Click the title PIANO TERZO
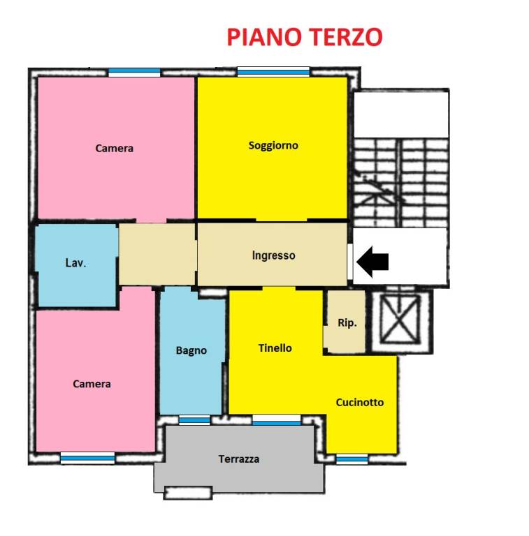pos(304,36)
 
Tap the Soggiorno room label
pos(273,145)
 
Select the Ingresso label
pos(273,255)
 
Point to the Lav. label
pos(75,263)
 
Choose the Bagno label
pos(191,350)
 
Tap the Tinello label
pos(275,348)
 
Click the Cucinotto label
pos(359,402)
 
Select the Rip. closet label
pos(347,323)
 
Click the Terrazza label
pos(239,459)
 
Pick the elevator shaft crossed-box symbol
pos(399,320)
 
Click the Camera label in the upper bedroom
pos(115,148)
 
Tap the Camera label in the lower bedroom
pos(92,384)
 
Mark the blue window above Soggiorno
pos(273,71)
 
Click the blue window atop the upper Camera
pos(134,72)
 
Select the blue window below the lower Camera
pos(87,458)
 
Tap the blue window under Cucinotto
pos(352,459)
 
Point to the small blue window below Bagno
pos(194,420)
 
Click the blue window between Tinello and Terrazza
pos(276,420)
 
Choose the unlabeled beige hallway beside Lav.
pos(157,254)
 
